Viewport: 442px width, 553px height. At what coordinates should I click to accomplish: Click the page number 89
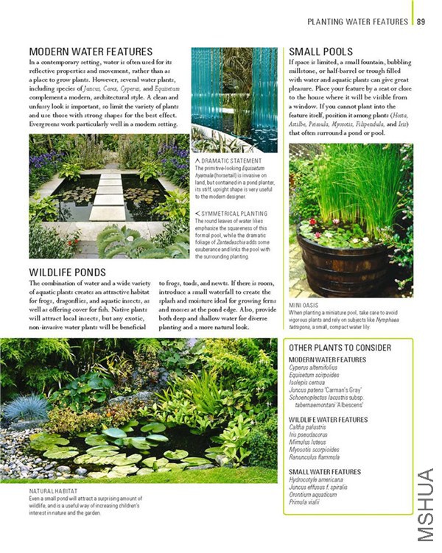421,22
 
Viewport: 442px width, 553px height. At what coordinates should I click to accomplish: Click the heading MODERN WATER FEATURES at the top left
91,52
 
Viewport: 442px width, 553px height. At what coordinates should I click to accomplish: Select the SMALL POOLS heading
320,52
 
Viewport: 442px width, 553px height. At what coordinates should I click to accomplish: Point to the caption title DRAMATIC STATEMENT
231,161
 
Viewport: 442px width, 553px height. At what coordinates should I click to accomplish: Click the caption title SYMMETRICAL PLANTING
234,214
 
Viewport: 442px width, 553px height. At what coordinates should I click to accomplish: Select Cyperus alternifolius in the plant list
319,367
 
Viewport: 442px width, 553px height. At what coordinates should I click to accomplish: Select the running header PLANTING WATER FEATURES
357,22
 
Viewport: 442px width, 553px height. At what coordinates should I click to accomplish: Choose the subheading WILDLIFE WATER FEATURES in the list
329,419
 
